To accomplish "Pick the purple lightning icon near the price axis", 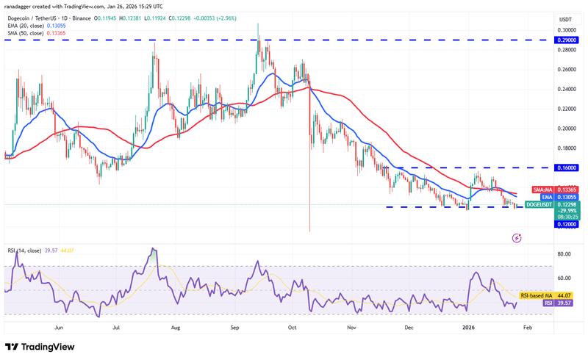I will pyautogui.click(x=517, y=238).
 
